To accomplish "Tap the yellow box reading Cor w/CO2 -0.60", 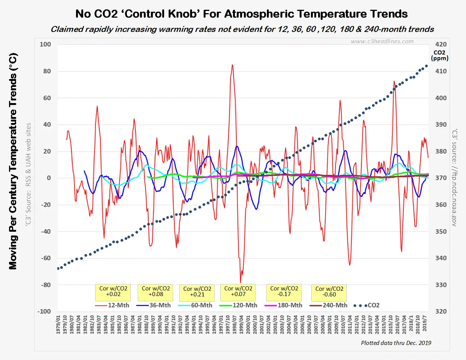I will coord(329,292).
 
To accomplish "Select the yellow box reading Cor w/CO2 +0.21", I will coord(197,292).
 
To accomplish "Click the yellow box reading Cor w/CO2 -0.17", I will coord(284,292).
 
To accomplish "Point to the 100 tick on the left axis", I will coord(45,44).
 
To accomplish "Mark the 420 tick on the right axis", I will coord(441,44).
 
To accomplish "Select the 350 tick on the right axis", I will coord(441,231).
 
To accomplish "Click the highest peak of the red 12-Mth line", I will coord(232,65).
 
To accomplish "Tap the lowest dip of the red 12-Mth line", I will coord(241,283).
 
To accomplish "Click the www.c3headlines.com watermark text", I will coord(382,41).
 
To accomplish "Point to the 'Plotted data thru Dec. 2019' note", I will coord(396,343).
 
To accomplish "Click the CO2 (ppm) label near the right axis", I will coord(440,55).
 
